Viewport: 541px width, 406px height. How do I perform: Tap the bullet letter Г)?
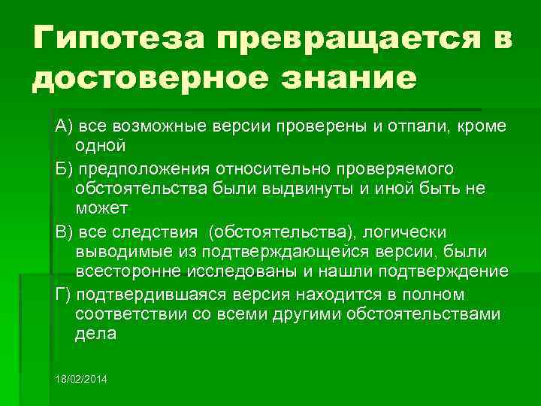point(64,293)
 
